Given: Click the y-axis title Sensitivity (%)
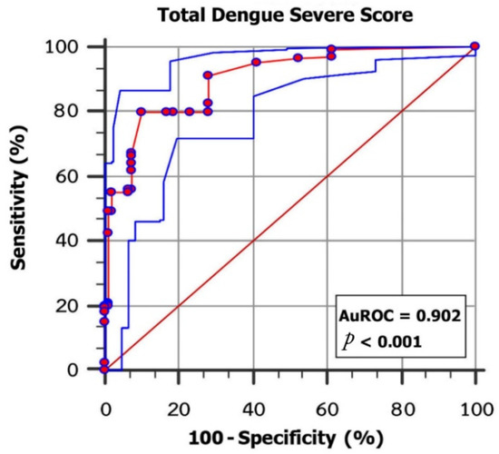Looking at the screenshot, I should point(20,207).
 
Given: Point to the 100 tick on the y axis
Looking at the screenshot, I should point(77,46).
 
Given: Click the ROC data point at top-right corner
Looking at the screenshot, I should point(475,46).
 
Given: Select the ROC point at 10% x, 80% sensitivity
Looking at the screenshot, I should point(141,112).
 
